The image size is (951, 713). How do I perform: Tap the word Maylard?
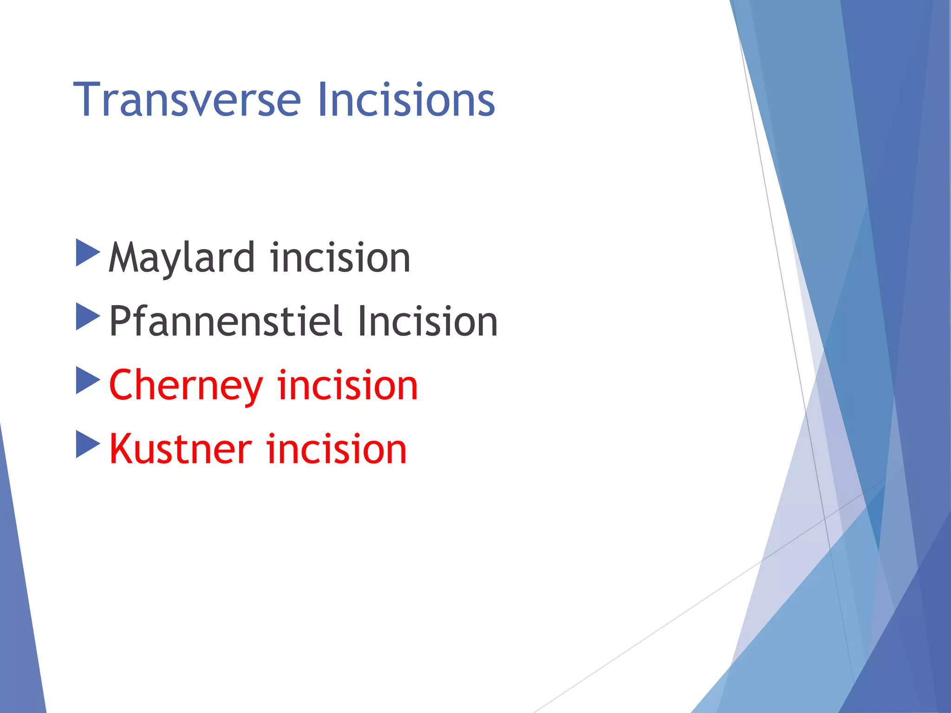click(182, 259)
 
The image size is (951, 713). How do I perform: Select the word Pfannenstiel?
click(226, 321)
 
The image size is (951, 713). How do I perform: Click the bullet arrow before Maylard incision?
click(87, 253)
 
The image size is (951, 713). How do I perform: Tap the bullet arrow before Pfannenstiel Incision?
click(87, 317)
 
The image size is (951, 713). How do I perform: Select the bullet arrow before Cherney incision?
click(87, 381)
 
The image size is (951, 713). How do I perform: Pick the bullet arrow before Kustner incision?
click(87, 444)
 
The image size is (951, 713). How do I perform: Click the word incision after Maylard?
click(340, 258)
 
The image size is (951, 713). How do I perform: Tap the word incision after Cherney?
click(347, 385)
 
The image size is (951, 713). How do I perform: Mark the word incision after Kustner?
click(336, 449)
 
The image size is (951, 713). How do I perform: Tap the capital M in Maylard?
click(125, 258)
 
